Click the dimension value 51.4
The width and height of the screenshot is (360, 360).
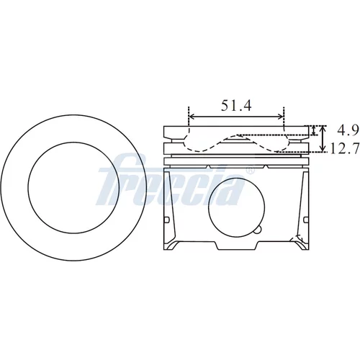click(x=236, y=106)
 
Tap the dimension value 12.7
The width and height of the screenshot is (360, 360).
click(x=345, y=148)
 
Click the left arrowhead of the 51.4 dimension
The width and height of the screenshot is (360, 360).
click(x=192, y=117)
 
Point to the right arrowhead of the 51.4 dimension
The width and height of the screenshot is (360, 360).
click(x=281, y=117)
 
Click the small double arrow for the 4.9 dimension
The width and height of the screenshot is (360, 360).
click(x=313, y=130)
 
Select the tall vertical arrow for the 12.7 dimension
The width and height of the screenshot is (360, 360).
click(x=323, y=139)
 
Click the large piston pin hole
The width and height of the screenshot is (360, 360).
click(x=236, y=207)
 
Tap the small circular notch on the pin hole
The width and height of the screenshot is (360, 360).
click(x=258, y=230)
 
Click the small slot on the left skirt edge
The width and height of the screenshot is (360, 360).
click(x=167, y=220)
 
